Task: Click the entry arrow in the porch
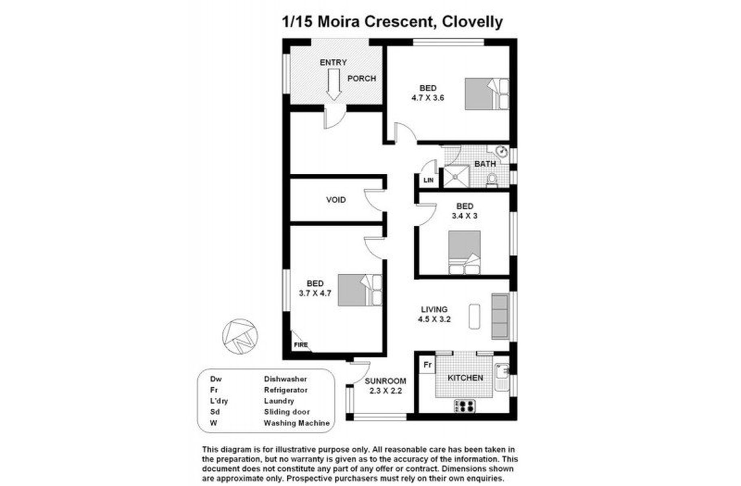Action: tap(333, 84)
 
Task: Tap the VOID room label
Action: tap(336, 200)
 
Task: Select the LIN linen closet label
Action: tap(428, 180)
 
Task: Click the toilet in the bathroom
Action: tap(492, 181)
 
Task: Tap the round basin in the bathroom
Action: tap(501, 152)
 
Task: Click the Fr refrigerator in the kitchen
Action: tap(428, 365)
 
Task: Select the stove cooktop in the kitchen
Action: tap(465, 406)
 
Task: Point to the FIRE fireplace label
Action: tap(301, 345)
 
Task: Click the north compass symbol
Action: tap(240, 336)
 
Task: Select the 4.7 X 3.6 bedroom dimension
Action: tap(428, 98)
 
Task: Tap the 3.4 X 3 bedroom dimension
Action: tap(464, 216)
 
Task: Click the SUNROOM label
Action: tap(385, 381)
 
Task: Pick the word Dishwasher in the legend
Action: tap(285, 379)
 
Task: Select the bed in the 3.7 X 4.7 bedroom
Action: tap(360, 290)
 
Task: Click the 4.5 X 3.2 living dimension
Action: tap(434, 320)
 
